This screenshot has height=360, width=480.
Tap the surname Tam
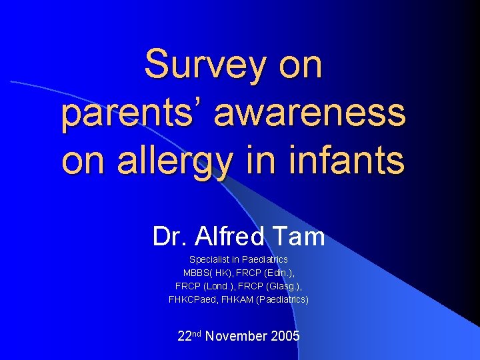tap(301, 236)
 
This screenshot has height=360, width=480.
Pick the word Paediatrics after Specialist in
tap(265, 259)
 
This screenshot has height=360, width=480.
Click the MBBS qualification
tap(197, 273)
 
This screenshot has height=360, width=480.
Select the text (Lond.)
tap(219, 286)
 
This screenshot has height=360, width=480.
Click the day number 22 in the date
tap(184, 336)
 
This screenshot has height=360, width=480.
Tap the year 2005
tap(286, 336)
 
